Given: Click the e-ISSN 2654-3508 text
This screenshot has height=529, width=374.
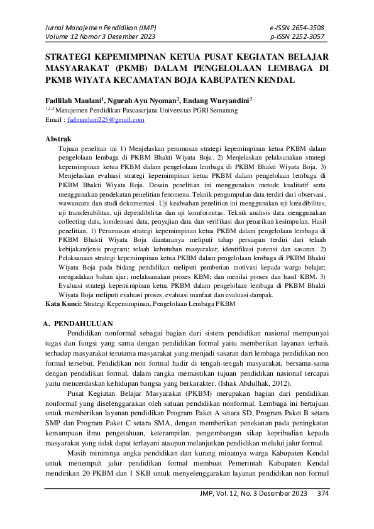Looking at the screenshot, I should coord(297,27).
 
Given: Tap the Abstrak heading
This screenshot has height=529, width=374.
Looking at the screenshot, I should coord(58,138).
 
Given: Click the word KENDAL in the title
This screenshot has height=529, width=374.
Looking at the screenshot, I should coord(271,80).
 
